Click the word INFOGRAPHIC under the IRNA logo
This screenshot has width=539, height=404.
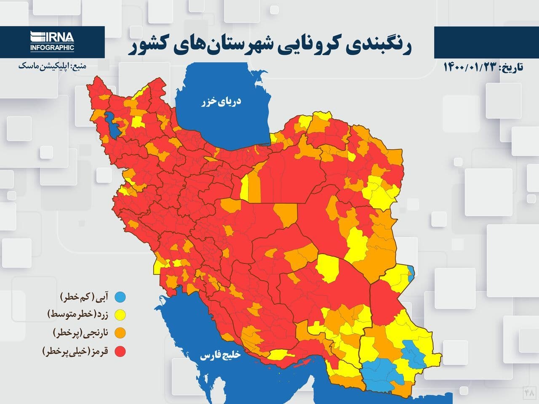52,48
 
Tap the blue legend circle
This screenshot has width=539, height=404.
121,297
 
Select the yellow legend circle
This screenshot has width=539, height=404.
121,314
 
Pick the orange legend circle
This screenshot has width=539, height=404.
121,333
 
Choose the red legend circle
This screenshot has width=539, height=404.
121,351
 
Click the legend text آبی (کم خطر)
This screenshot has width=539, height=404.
86,297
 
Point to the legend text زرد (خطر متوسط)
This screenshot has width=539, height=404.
77,314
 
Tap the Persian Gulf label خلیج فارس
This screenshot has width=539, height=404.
220,356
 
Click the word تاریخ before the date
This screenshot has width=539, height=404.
511,67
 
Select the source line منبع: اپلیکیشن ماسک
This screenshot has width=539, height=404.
52,66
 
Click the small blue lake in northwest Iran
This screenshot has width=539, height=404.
112,123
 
